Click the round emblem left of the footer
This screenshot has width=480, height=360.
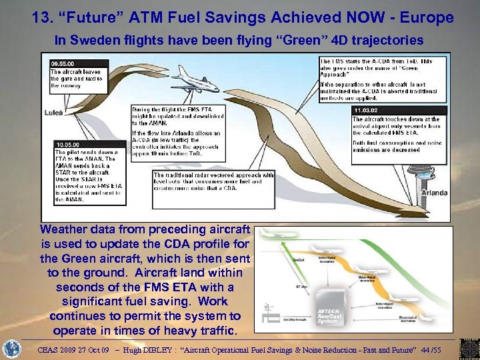tap(11, 349)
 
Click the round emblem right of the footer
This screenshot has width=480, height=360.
tap(467, 349)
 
